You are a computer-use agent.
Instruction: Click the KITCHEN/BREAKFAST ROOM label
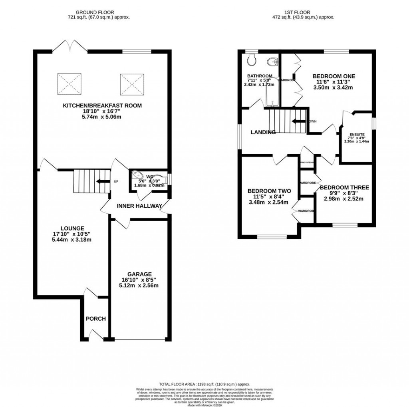click(102, 106)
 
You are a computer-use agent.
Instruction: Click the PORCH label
click(96, 319)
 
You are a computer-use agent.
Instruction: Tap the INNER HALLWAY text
click(139, 206)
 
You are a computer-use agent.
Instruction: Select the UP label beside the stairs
click(116, 182)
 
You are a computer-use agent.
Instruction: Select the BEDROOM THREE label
click(344, 187)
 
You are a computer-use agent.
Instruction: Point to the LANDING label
click(263, 132)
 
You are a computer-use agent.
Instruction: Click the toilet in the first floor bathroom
click(251, 60)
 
